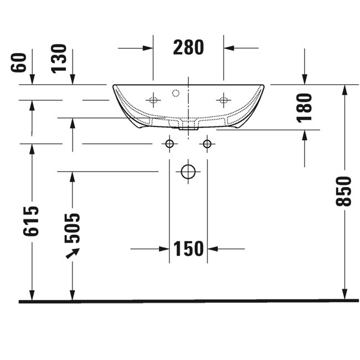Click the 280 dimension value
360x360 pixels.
[x=188, y=47]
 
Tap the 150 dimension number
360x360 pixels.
[x=188, y=249]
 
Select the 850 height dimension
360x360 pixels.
[x=343, y=191]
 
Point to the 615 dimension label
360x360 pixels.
[x=31, y=221]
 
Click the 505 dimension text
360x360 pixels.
[x=72, y=228]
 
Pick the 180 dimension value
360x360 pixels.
[x=305, y=107]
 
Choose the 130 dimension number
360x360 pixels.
[x=59, y=59]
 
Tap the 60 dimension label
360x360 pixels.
[x=19, y=63]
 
